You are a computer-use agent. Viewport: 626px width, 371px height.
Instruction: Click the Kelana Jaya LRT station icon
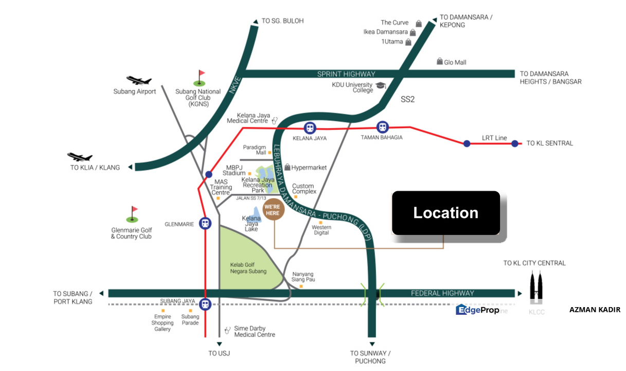[x=310, y=128]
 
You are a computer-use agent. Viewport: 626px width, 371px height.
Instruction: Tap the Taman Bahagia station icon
[x=382, y=127]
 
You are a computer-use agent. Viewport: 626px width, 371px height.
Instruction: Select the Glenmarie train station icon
[x=205, y=224]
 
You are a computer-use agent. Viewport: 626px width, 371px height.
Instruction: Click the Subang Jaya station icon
[x=205, y=304]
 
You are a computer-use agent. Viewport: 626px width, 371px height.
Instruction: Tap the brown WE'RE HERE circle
[x=273, y=209]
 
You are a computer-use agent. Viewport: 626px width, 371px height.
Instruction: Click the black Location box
[x=446, y=213]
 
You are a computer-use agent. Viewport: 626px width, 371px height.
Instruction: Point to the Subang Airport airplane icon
[x=139, y=80]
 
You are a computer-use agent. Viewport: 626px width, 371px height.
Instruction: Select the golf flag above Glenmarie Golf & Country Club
[x=133, y=214]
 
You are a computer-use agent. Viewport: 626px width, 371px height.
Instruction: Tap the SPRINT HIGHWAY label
[x=346, y=74]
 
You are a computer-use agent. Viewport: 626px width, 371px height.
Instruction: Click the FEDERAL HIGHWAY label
[x=442, y=293]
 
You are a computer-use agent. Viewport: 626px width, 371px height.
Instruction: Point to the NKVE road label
[x=235, y=85]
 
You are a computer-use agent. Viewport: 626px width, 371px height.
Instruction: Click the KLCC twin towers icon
[x=536, y=287]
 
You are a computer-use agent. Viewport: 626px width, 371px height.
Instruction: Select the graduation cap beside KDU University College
[x=381, y=85]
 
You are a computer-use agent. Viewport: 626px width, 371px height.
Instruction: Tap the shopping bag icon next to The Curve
[x=418, y=24]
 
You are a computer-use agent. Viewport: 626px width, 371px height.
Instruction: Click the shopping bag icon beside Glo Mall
[x=440, y=61]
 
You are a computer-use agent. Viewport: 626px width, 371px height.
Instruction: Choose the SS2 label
[x=407, y=99]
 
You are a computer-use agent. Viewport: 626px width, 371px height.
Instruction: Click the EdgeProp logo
[x=477, y=310]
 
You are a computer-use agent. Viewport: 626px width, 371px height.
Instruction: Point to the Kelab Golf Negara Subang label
[x=248, y=268]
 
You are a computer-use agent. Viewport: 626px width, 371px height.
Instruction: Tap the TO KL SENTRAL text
[x=550, y=143]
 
